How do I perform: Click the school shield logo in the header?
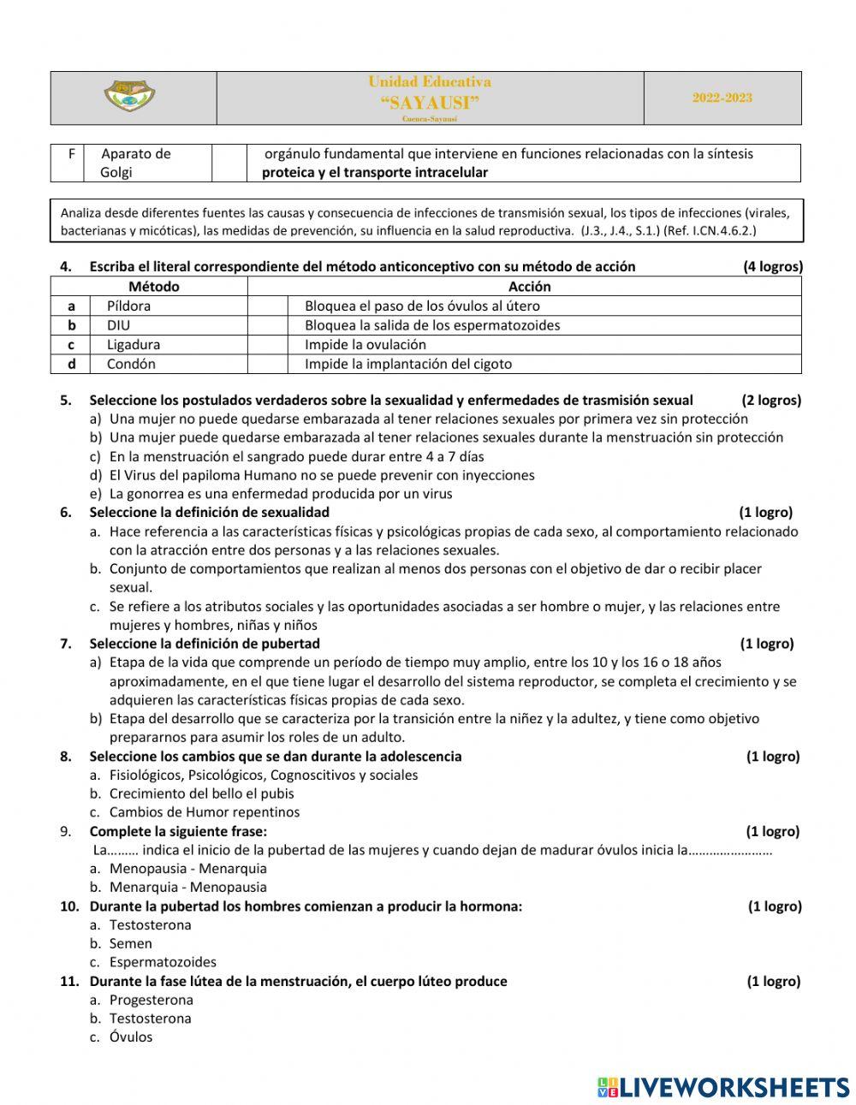[x=129, y=97]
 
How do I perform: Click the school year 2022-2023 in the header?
[x=722, y=98]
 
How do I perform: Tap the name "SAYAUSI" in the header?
[x=429, y=103]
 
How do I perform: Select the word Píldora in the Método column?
[x=128, y=306]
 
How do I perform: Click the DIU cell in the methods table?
[x=118, y=325]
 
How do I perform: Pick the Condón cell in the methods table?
[x=131, y=364]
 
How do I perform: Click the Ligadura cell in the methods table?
[x=133, y=345]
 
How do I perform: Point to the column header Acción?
[x=529, y=287]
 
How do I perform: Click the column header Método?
[x=153, y=287]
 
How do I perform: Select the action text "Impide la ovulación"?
[x=365, y=345]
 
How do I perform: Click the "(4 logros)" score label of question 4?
[x=772, y=266]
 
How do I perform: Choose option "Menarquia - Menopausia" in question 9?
[x=187, y=888]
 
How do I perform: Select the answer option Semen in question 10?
[x=130, y=943]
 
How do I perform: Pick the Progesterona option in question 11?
[x=151, y=1000]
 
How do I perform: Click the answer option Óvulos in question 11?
[x=130, y=1037]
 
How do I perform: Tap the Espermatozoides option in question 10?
[x=163, y=962]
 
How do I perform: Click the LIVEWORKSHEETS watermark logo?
[x=723, y=1087]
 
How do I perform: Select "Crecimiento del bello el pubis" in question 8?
[x=202, y=793]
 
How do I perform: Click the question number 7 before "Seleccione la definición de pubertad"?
[x=66, y=644]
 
